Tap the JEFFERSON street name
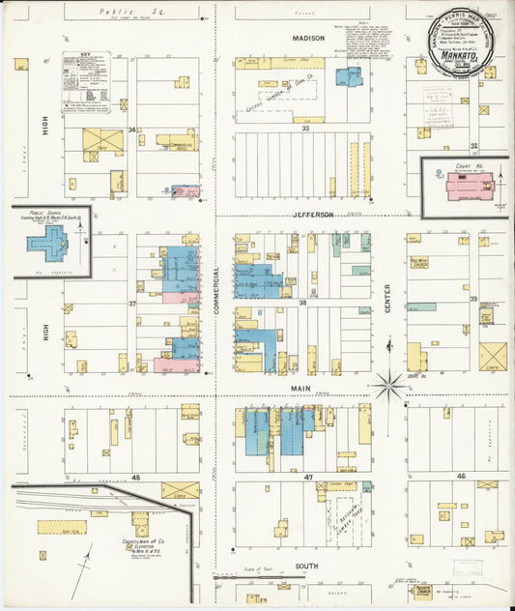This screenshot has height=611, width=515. tap(313, 214)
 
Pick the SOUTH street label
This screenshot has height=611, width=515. tap(308, 567)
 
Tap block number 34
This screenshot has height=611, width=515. tap(131, 130)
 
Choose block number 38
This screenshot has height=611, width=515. tap(302, 303)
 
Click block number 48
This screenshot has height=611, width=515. tap(135, 478)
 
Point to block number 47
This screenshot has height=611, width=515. tap(307, 478)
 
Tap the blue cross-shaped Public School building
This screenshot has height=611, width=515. tap(47, 243)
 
